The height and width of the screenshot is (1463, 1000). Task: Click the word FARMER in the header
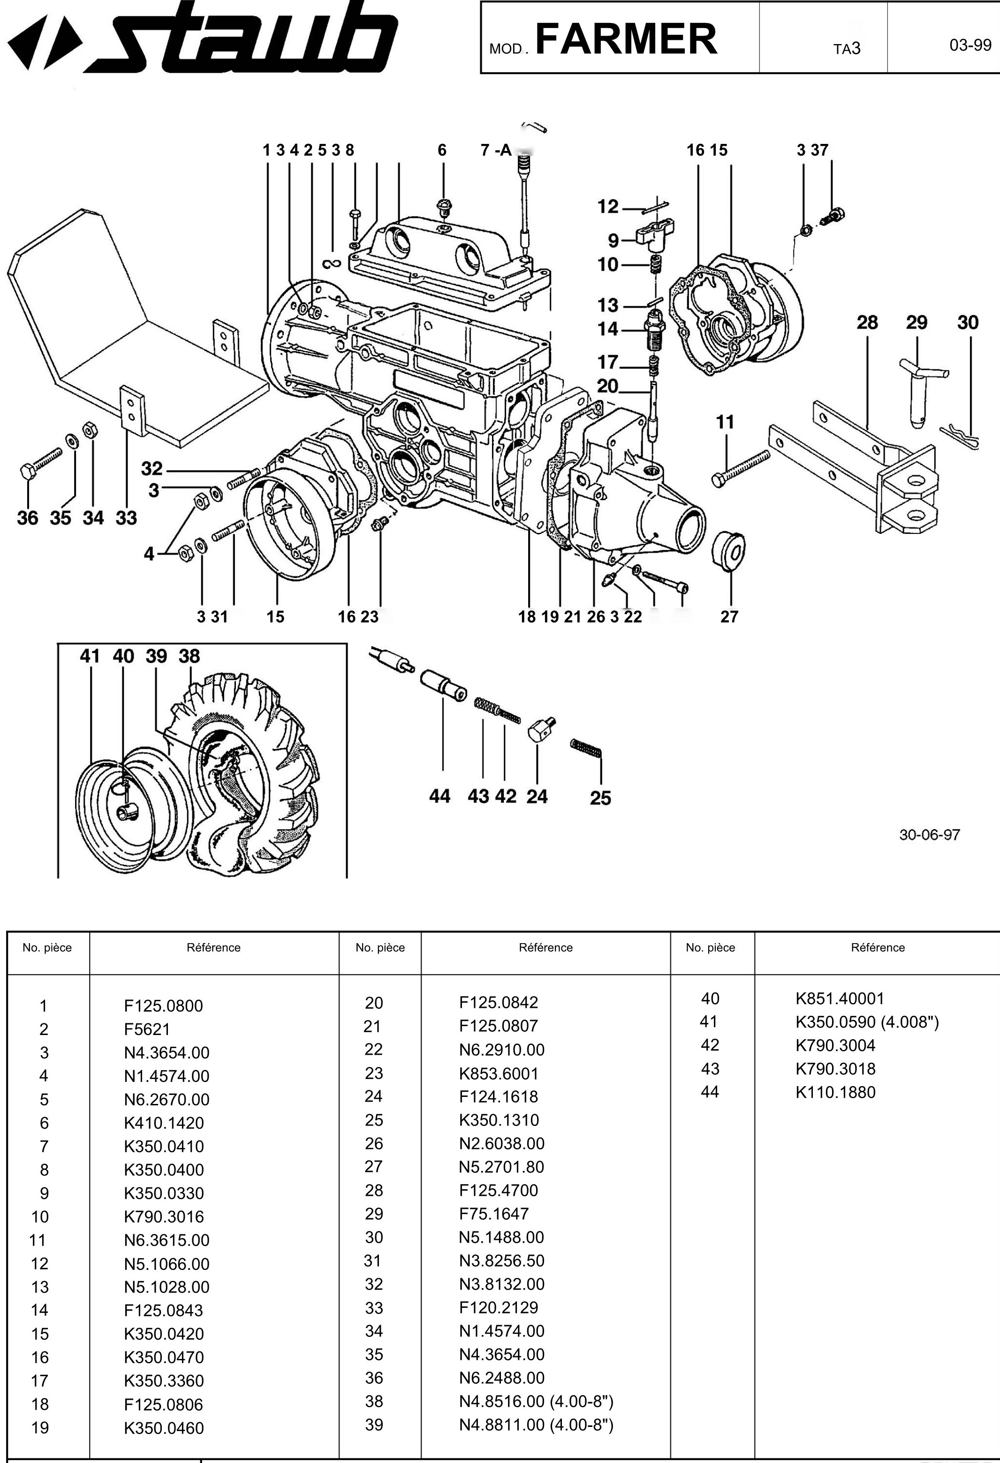click(x=626, y=39)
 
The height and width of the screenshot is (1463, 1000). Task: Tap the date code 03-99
click(x=970, y=45)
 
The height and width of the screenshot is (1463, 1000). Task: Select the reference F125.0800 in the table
click(x=163, y=1005)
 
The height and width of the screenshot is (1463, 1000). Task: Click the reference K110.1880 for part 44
click(x=835, y=1092)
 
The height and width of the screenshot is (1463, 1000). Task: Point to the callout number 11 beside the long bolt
click(x=725, y=422)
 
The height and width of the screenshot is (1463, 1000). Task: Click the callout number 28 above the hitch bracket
click(x=867, y=323)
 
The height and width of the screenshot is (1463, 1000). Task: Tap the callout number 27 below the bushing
click(x=729, y=616)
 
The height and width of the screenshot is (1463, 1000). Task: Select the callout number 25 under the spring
click(x=600, y=798)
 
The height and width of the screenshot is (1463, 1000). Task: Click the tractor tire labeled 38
click(x=265, y=774)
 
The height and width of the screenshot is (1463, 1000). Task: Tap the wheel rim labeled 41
click(x=120, y=812)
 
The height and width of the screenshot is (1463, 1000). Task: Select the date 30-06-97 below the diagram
click(x=930, y=835)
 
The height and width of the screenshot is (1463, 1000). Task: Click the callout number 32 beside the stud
click(x=152, y=468)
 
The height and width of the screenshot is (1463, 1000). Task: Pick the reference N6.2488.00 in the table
click(x=501, y=1378)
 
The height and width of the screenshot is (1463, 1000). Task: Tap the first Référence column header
click(x=213, y=947)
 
